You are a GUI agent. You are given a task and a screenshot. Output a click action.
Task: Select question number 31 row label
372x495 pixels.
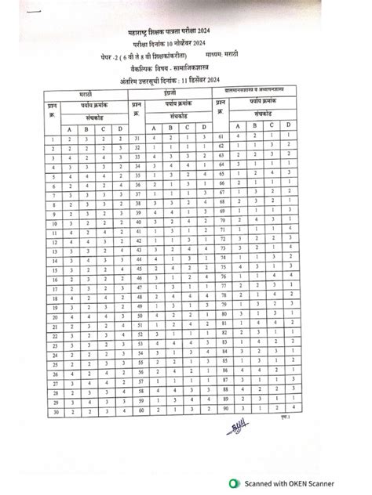137,138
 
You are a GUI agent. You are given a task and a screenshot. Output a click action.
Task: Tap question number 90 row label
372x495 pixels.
224,407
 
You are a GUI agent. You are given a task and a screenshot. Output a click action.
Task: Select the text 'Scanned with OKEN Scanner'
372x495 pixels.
293,484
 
